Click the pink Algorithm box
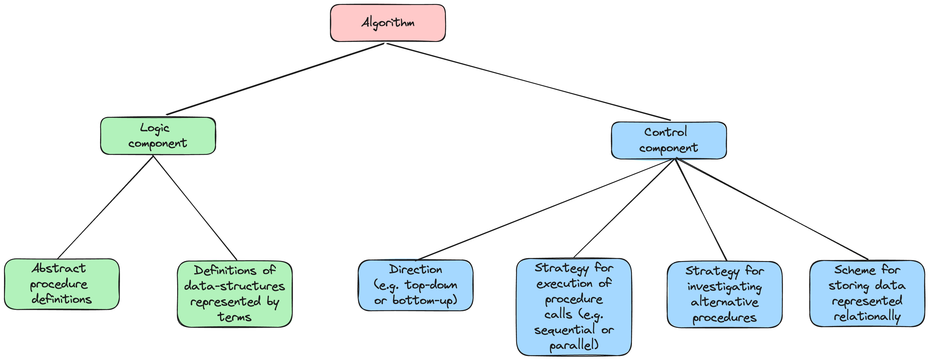(388, 23)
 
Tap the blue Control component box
(669, 140)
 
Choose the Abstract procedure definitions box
(62, 284)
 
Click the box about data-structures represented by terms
(234, 294)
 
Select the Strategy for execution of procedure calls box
(574, 307)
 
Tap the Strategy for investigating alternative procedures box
(724, 294)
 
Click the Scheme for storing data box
(867, 294)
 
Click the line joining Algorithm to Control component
(528, 82)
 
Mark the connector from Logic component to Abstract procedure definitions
(105, 207)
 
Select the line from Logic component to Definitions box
(195, 207)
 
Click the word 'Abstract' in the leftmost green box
(59, 268)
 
